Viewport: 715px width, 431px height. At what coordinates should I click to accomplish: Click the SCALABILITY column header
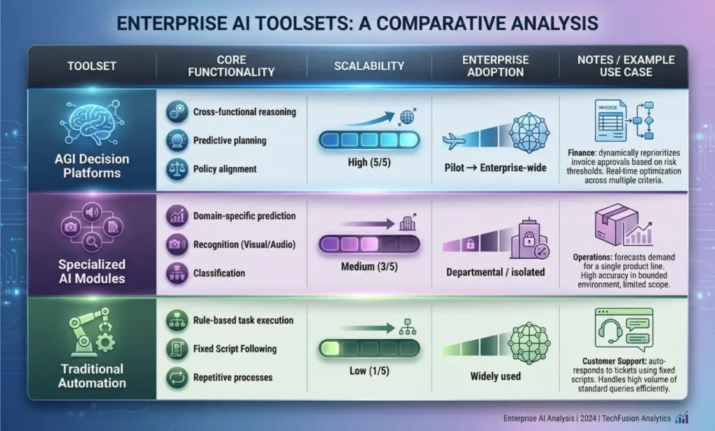tap(368, 66)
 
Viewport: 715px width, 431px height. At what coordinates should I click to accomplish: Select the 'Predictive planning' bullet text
tap(229, 140)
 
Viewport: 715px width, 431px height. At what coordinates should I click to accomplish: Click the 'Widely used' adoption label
tap(494, 376)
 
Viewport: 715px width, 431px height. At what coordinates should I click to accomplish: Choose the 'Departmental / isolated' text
tap(494, 272)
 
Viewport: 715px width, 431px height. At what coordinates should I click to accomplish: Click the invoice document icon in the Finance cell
tap(609, 119)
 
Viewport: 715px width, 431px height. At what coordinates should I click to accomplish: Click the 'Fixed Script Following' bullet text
tap(234, 349)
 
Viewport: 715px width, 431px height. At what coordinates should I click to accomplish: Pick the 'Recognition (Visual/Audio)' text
tap(242, 244)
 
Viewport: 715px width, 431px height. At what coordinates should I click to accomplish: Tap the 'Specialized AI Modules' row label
tap(92, 272)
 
